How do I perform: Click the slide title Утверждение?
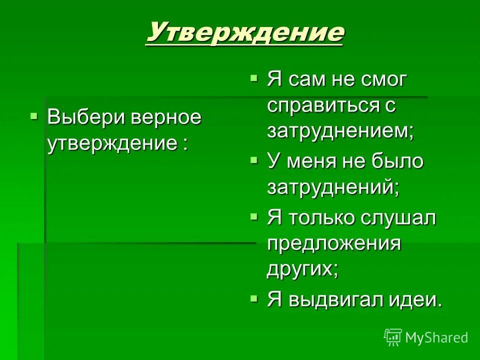[x=244, y=33]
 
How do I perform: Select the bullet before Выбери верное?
[x=34, y=116]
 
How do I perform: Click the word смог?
[x=381, y=80]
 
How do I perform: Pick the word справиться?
[x=327, y=106]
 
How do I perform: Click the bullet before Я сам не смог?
[x=254, y=78]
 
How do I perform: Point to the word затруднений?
[x=333, y=187]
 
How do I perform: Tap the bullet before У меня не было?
[x=254, y=160]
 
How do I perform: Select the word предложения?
[x=334, y=244]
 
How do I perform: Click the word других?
[x=302, y=269]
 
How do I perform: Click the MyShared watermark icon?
[x=393, y=337]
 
